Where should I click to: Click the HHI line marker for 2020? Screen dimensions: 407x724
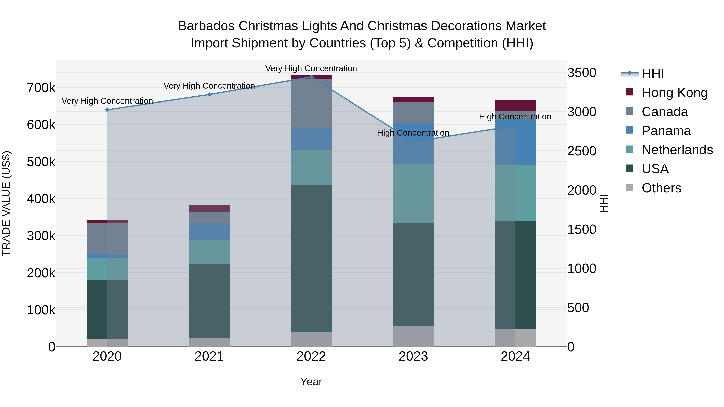(107, 110)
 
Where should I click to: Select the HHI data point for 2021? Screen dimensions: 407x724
(209, 95)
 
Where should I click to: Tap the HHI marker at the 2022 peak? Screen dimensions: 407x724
(311, 77)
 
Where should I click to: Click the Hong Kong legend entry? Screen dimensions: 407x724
(674, 93)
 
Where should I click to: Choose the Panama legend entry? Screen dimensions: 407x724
(666, 131)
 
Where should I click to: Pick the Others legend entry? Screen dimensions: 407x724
(661, 188)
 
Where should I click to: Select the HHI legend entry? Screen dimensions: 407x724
(653, 74)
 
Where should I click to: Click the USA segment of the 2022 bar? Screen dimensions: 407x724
(311, 258)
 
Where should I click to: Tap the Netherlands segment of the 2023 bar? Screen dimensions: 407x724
(413, 194)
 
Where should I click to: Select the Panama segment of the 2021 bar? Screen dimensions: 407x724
(209, 232)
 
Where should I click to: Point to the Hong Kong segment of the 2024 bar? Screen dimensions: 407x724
(515, 106)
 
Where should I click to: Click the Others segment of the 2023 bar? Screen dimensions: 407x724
(413, 336)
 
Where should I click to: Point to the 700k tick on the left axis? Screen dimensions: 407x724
(41, 88)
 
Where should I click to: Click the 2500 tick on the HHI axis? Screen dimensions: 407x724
(581, 151)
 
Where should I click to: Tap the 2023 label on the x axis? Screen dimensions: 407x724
(413, 356)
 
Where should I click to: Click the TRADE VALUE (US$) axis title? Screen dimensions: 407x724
(6, 203)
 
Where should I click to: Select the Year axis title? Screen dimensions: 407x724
(311, 382)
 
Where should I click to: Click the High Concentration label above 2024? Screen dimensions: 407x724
(515, 117)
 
